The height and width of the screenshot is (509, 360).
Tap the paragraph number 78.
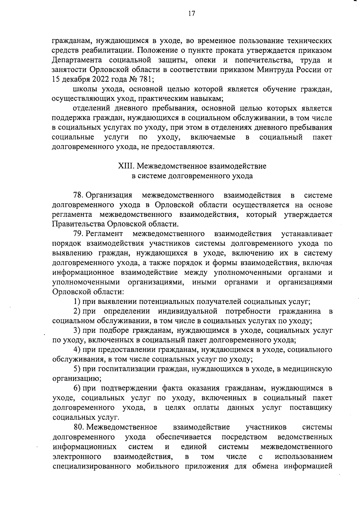tap(79, 195)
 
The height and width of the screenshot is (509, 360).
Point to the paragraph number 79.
tap(79, 234)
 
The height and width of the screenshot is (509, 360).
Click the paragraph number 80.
tap(79, 427)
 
